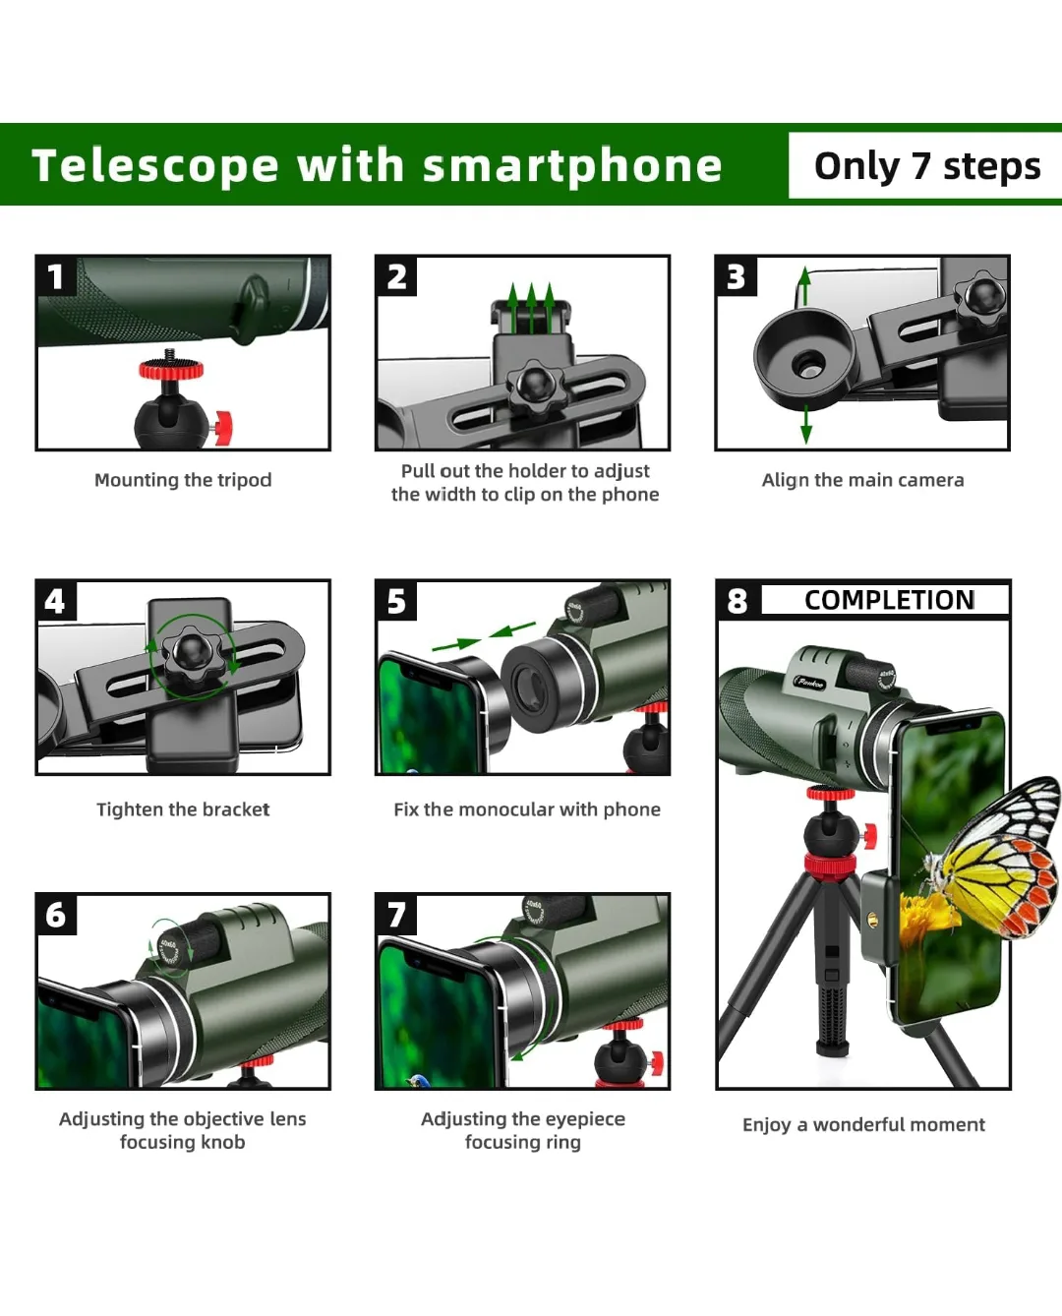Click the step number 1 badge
55,276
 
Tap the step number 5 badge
396,600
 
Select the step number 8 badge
737,600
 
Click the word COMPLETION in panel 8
889,600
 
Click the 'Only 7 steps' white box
926,166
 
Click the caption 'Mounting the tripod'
183,480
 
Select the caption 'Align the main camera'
862,480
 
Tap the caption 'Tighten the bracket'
183,809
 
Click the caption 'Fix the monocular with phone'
527,809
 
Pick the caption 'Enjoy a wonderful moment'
863,1124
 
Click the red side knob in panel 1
222,427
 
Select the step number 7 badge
396,915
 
